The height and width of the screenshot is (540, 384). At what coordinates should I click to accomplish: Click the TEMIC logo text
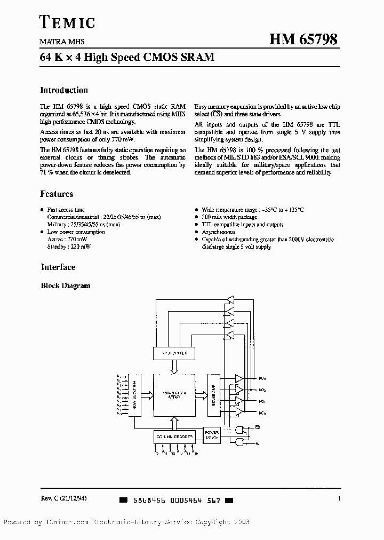tap(68, 22)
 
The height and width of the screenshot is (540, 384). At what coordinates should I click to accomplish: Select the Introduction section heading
tap(64, 91)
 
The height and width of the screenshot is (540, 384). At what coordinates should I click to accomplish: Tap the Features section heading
tap(57, 194)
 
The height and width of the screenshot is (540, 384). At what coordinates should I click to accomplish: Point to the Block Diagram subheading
tap(66, 286)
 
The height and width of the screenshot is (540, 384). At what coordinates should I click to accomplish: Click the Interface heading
tap(58, 267)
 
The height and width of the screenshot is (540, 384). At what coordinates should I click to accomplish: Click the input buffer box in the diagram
tap(173, 353)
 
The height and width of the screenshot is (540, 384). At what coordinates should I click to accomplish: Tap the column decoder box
tap(174, 435)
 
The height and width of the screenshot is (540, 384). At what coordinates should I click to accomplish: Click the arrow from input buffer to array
tap(174, 367)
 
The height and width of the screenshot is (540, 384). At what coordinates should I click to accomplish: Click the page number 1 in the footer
tap(339, 498)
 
